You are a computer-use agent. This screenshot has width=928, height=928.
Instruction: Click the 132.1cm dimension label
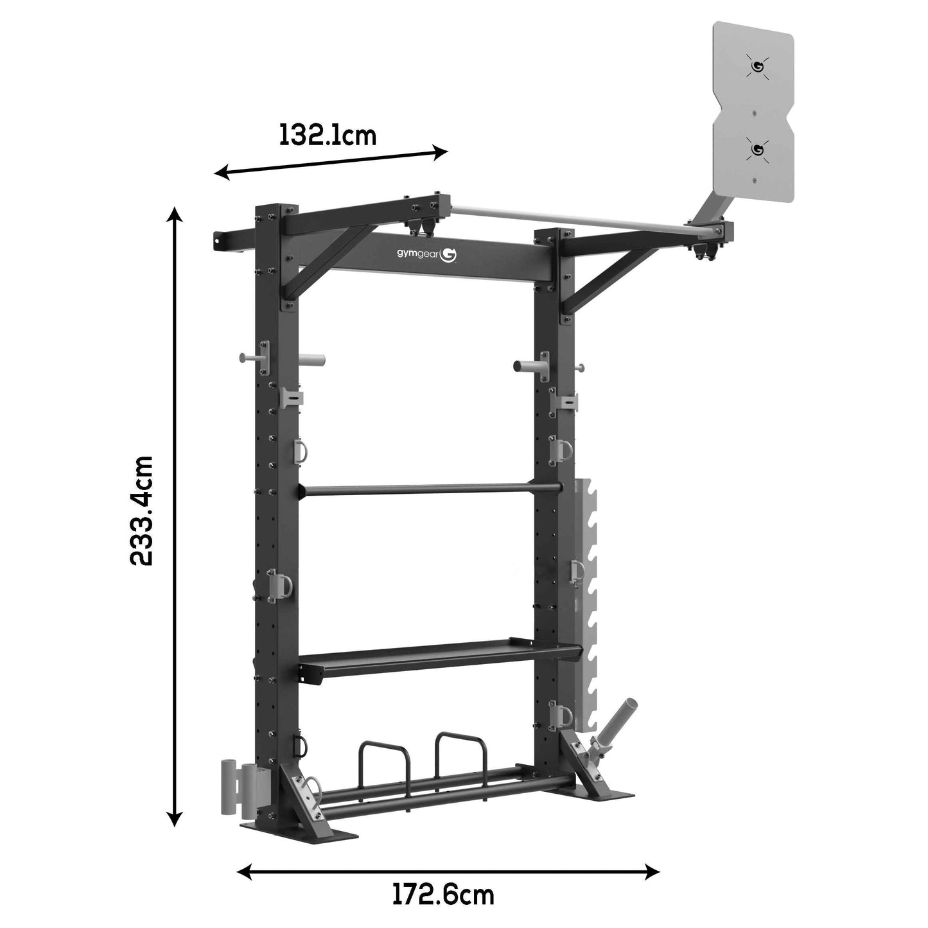point(328,136)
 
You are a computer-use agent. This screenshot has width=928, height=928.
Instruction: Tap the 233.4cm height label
point(141,511)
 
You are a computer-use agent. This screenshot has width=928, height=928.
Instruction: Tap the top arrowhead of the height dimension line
point(175,214)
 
